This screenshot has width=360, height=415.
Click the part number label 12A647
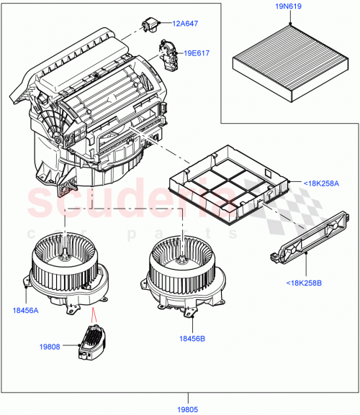click(186, 24)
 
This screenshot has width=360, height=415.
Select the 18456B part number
click(192, 337)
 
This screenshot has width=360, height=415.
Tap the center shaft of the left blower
click(66, 253)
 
